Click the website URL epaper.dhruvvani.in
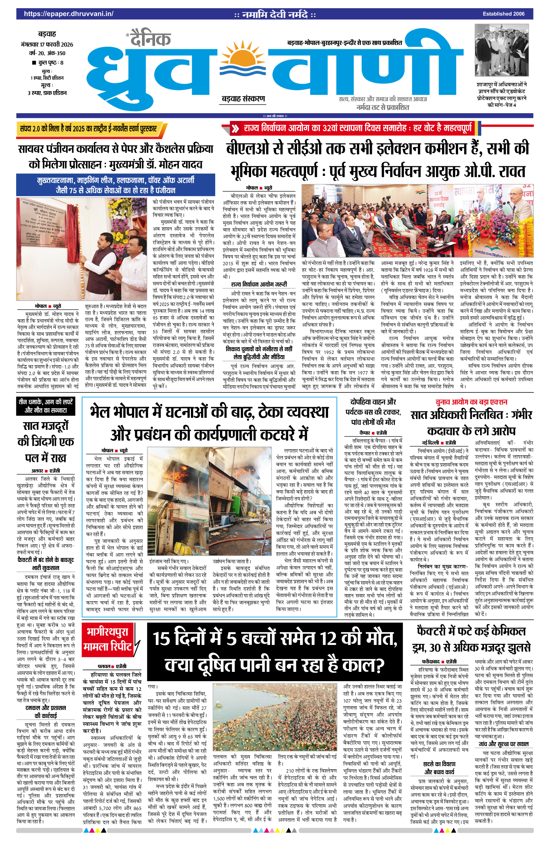pyautogui.click(x=69, y=14)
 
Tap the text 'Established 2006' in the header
pyautogui.click(x=503, y=14)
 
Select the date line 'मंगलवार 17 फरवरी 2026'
pyautogui.click(x=47, y=44)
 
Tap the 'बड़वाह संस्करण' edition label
pyautogui.click(x=243, y=99)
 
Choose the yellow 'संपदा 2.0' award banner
pyautogui.click(x=89, y=129)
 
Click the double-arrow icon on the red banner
pyautogui.click(x=235, y=129)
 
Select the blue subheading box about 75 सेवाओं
pyautogui.click(x=115, y=185)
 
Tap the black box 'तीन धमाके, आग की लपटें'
pyautogui.click(x=46, y=406)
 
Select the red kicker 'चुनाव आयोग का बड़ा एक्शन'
pyautogui.click(x=471, y=402)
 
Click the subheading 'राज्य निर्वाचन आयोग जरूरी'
pyautogui.click(x=259, y=284)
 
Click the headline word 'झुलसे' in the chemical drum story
pyautogui.click(x=515, y=647)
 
